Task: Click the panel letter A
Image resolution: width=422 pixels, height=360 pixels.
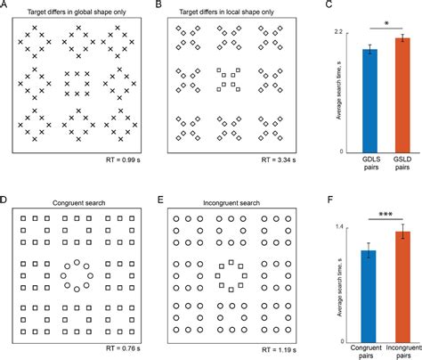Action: coord(6,5)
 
